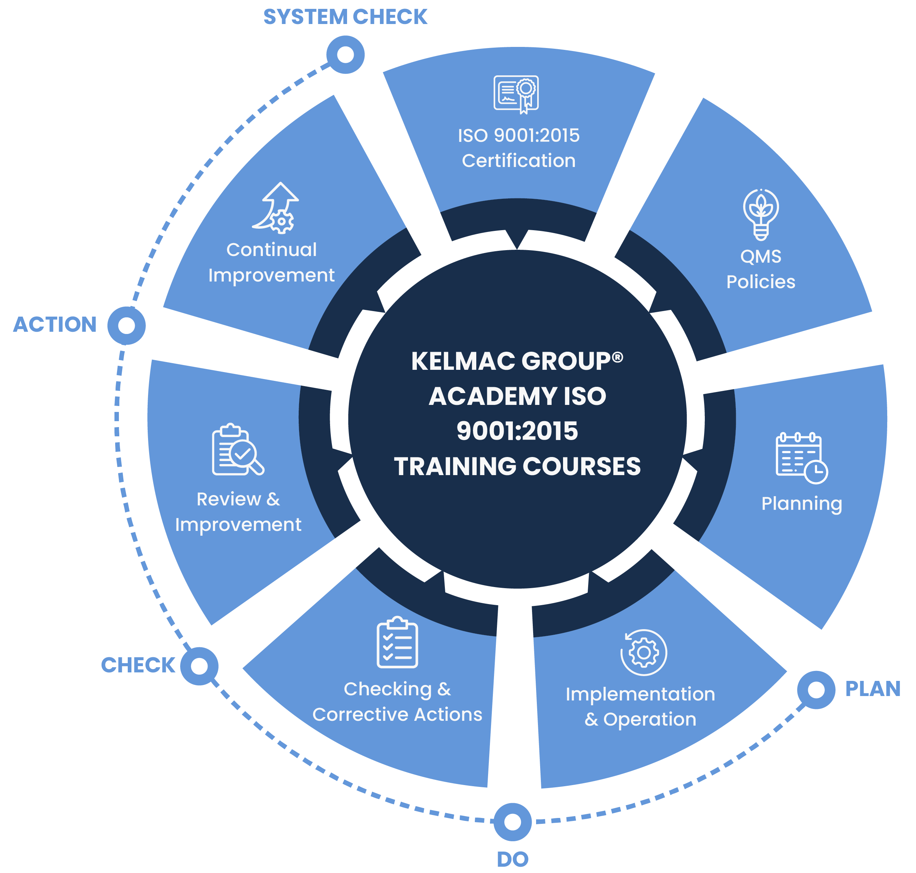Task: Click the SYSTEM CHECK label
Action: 345,17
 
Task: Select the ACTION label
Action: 55,324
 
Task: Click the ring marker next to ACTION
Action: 127,326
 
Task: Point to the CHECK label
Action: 138,665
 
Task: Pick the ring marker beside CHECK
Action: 199,666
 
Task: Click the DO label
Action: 512,859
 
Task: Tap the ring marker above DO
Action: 512,822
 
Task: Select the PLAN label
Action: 873,689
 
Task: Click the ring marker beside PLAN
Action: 816,690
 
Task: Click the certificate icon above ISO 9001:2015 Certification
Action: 516,94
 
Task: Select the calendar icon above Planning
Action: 801,458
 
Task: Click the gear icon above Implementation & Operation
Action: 644,652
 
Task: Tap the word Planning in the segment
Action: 801,504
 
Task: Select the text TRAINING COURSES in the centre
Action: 517,466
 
